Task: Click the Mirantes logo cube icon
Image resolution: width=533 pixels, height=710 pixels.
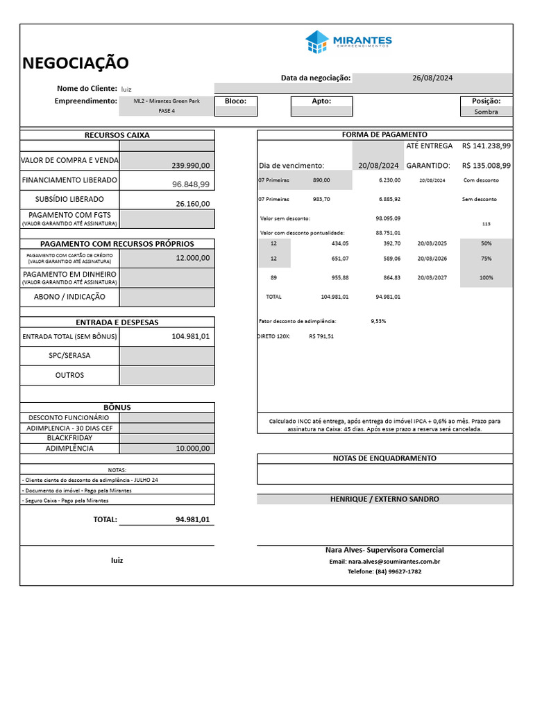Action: tap(316, 42)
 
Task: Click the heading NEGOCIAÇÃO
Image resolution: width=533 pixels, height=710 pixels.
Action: tap(76, 63)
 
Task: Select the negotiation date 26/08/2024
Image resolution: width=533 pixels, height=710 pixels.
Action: tap(432, 78)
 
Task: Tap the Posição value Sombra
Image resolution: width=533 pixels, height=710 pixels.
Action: tap(487, 112)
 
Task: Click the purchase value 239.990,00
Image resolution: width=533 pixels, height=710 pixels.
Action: tap(190, 166)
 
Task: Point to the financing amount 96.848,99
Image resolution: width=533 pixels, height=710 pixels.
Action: tap(190, 184)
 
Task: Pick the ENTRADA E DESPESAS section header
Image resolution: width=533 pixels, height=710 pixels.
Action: tap(117, 322)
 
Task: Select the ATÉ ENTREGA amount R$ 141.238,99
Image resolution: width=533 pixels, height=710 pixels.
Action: tap(486, 146)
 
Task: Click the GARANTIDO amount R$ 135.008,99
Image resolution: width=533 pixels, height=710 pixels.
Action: tap(486, 166)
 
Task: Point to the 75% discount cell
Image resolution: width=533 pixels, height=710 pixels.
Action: tap(486, 259)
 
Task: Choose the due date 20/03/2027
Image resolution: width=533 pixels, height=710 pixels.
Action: tap(432, 277)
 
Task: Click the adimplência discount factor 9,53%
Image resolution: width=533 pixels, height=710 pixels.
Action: tap(378, 322)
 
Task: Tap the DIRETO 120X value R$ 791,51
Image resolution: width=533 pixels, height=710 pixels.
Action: tap(321, 336)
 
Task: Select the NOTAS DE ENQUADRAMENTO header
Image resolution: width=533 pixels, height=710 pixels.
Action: tap(384, 458)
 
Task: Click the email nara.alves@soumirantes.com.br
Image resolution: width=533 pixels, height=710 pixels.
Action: tap(384, 562)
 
